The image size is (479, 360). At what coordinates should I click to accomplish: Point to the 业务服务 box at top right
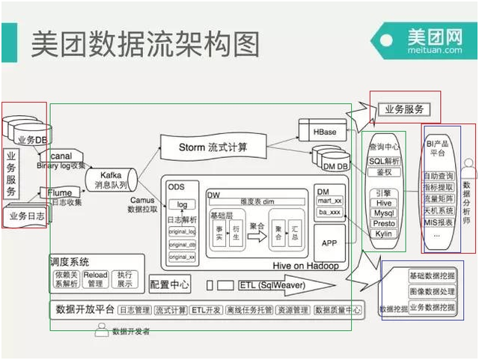tap(404, 109)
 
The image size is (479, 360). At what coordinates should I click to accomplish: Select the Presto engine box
tap(383, 223)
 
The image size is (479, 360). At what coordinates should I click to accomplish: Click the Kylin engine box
tap(383, 234)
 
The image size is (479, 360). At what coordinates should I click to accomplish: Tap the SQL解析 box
tap(383, 161)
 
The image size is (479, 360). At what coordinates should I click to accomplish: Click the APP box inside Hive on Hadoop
tap(329, 243)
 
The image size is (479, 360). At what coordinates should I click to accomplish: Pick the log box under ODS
tap(181, 204)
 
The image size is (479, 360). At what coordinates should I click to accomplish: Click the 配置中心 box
tap(170, 284)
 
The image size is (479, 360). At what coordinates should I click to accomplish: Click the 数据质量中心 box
tap(338, 310)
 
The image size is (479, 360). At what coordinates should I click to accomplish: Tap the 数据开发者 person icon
tap(101, 330)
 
